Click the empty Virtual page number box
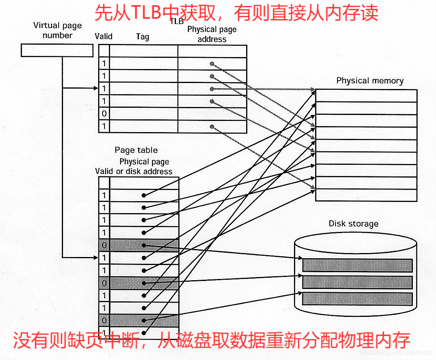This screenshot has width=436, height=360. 57,50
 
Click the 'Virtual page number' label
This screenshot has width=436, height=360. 57,30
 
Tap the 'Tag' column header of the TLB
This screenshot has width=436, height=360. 142,37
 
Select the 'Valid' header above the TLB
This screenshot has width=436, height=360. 104,36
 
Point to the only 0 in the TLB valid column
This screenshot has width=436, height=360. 104,114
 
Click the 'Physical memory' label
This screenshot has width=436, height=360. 370,81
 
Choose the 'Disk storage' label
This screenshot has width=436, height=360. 353,224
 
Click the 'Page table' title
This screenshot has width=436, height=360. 136,150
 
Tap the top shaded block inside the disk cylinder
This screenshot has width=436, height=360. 357,265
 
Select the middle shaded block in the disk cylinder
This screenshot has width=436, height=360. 357,282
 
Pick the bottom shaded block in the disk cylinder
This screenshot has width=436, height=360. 357,299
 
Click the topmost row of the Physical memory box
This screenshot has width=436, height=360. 366,95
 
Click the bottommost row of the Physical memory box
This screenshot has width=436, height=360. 366,195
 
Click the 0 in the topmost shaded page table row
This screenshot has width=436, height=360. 104,245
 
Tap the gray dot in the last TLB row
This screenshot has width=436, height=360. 212,127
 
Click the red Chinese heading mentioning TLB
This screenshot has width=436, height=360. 236,13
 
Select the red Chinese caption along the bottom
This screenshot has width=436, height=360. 211,340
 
